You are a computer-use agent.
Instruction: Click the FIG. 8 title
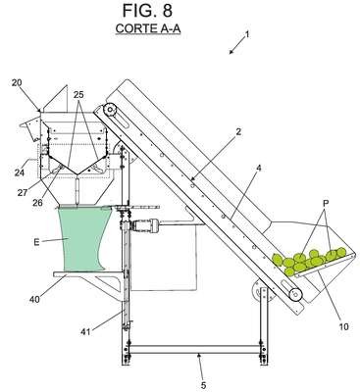(147, 11)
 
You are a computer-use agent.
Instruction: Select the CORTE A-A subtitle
(148, 28)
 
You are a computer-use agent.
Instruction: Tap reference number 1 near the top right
(247, 34)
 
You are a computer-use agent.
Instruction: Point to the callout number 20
(17, 83)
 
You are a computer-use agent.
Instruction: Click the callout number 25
(78, 95)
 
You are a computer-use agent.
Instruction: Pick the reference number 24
(19, 172)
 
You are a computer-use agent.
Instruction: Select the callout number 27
(23, 192)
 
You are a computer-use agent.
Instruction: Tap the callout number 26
(37, 203)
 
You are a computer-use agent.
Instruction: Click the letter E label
(36, 242)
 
